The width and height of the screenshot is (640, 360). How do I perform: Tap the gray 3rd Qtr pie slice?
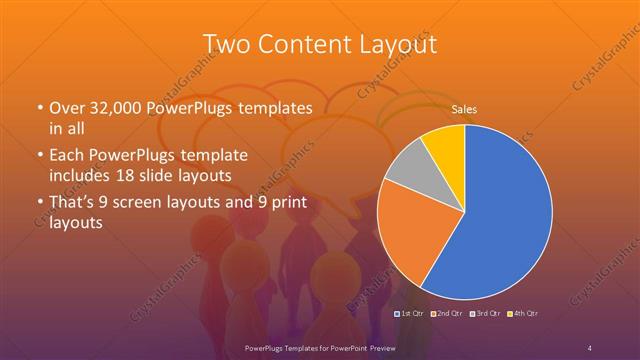tap(409, 166)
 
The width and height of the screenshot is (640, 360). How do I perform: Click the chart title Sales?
tap(463, 108)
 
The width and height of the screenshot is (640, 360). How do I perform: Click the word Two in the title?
tap(228, 45)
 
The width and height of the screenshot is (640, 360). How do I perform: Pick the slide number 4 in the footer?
tap(590, 347)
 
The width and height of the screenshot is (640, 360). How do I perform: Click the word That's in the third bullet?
tap(71, 206)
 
